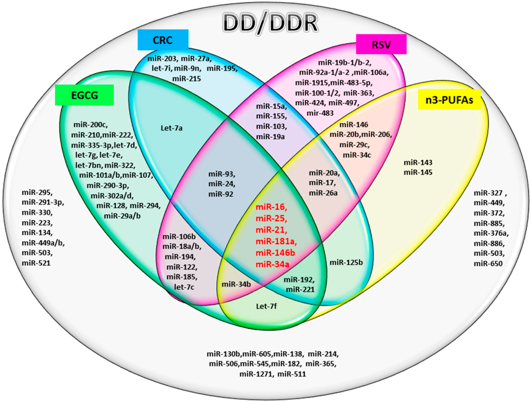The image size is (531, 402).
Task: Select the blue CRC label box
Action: coord(163,41)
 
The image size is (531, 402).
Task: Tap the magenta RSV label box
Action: coord(381,44)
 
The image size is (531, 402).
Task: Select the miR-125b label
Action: coord(345,262)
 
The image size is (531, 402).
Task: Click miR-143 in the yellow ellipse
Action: coord(417,163)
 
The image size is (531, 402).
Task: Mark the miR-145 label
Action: coord(417,172)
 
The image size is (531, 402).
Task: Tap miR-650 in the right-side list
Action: coord(488,264)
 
